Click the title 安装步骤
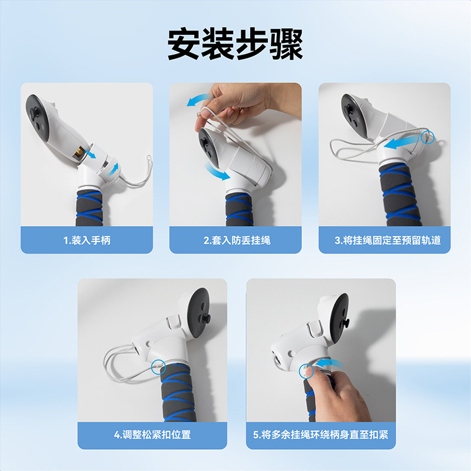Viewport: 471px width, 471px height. pos(235,44)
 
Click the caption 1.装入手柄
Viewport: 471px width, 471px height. pos(87,240)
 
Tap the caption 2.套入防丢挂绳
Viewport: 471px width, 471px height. pos(235,240)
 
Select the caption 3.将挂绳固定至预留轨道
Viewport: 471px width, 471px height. pos(384,240)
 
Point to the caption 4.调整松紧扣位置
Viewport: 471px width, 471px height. pos(152,436)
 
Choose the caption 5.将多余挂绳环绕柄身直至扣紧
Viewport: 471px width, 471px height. pos(321,436)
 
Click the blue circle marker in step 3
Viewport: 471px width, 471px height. pos(428,137)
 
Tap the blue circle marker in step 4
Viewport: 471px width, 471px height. pos(158,366)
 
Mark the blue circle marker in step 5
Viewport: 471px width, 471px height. pos(306,371)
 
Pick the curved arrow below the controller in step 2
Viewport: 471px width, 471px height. pos(217,173)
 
